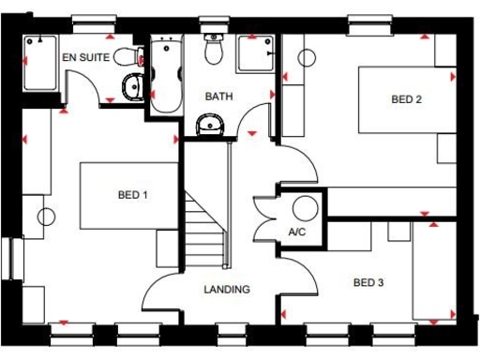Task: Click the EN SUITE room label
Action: [x=86, y=57]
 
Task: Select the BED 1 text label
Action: [x=132, y=195]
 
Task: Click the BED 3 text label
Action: [x=367, y=282]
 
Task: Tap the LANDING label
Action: [x=227, y=289]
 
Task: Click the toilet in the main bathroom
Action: [x=215, y=51]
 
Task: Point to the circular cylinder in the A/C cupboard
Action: [x=305, y=207]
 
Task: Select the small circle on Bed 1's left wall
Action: [x=45, y=217]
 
